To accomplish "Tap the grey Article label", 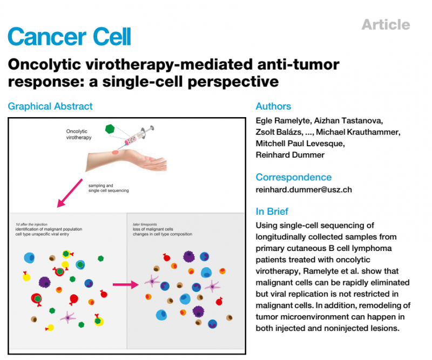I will (x=386, y=24).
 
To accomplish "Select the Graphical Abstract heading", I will (x=50, y=106).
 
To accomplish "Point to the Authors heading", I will (x=273, y=106).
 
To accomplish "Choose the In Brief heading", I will (x=272, y=211).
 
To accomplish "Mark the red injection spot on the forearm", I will (x=114, y=153).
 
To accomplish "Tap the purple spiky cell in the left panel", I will (x=45, y=281).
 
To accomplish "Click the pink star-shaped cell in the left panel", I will (x=68, y=318).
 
